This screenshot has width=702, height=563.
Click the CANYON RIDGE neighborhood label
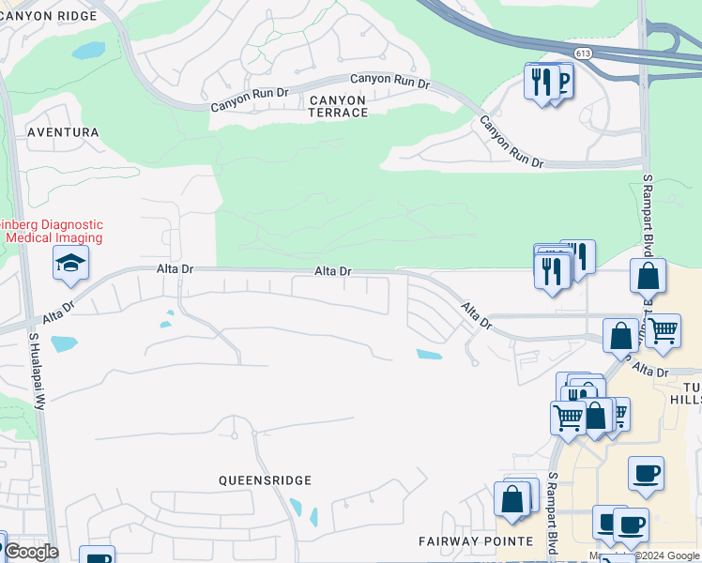pyautogui.click(x=49, y=16)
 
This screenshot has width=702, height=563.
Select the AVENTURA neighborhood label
pyautogui.click(x=63, y=132)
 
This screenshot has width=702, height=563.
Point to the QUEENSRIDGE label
pyautogui.click(x=265, y=479)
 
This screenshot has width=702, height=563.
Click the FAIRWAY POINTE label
pyautogui.click(x=476, y=541)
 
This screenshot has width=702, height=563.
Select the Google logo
pyautogui.click(x=31, y=552)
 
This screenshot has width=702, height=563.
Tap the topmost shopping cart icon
pyautogui.click(x=664, y=330)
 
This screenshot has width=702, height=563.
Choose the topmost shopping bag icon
pyautogui.click(x=648, y=276)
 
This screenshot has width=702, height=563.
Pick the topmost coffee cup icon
pyautogui.click(x=646, y=474)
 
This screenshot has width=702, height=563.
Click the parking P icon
pyautogui.click(x=563, y=82)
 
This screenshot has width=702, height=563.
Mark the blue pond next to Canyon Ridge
pyautogui.click(x=88, y=51)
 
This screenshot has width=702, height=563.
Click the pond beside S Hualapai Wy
pyautogui.click(x=63, y=343)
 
